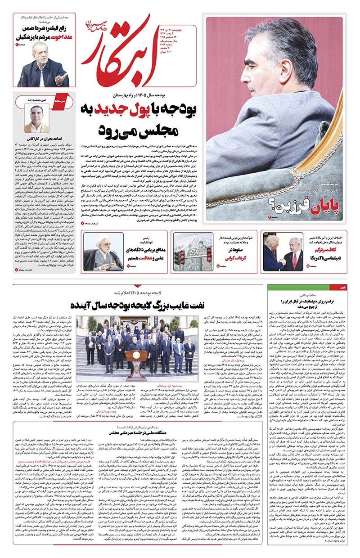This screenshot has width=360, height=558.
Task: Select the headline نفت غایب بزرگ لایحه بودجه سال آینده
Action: pyautogui.click(x=180, y=304)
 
